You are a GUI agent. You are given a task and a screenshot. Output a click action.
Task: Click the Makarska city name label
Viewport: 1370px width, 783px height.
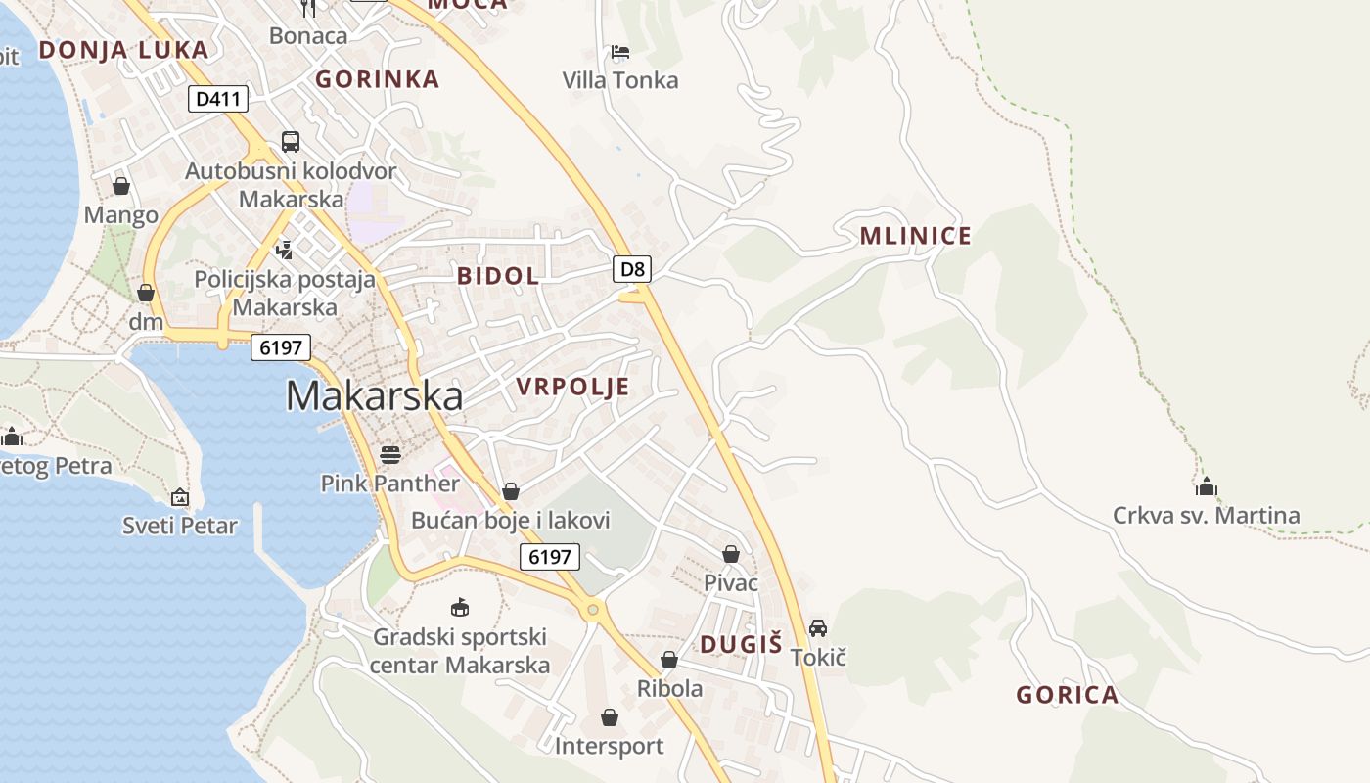pyautogui.click(x=374, y=396)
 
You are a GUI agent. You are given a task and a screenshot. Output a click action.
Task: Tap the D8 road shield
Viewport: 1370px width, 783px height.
pyautogui.click(x=632, y=269)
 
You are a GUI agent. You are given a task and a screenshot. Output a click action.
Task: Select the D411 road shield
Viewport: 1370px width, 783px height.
pyautogui.click(x=218, y=99)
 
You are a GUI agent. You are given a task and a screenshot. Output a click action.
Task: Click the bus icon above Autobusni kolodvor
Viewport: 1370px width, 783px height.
pyautogui.click(x=291, y=142)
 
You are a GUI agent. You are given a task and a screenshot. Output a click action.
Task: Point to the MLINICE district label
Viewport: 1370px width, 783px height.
pyautogui.click(x=915, y=236)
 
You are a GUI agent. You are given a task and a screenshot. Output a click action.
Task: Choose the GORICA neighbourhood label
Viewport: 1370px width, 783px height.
pyautogui.click(x=1067, y=696)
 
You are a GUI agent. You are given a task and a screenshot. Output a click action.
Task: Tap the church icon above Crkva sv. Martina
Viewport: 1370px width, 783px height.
pyautogui.click(x=1207, y=486)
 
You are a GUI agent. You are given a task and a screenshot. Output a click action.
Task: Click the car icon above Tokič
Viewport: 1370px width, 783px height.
pyautogui.click(x=818, y=628)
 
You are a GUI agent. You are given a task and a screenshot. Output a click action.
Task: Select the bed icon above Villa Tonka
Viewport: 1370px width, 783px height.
pyautogui.click(x=619, y=52)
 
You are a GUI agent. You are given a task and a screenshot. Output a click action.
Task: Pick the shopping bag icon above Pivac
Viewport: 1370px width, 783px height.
pyautogui.click(x=730, y=555)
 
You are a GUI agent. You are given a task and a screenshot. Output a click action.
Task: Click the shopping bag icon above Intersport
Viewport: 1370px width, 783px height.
pyautogui.click(x=609, y=718)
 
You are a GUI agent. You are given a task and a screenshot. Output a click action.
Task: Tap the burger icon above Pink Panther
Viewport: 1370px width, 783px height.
pyautogui.click(x=389, y=455)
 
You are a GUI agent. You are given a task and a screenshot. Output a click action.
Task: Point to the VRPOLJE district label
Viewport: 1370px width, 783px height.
pyautogui.click(x=572, y=388)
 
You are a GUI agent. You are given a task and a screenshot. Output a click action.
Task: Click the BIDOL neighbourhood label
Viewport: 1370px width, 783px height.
pyautogui.click(x=498, y=276)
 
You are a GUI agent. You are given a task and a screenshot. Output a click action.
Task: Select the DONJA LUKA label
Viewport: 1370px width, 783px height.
pyautogui.click(x=123, y=50)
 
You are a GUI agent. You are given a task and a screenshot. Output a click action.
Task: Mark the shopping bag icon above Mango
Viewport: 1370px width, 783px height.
pyautogui.click(x=121, y=186)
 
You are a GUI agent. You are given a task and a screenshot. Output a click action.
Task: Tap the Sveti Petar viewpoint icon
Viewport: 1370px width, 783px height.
pyautogui.click(x=179, y=498)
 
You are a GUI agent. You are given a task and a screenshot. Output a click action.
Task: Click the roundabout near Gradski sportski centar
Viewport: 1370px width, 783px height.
pyautogui.click(x=591, y=610)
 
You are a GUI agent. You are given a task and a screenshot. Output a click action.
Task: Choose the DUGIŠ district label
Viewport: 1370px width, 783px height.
pyautogui.click(x=742, y=644)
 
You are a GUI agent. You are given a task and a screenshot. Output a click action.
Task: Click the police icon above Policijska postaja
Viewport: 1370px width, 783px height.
pyautogui.click(x=285, y=251)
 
